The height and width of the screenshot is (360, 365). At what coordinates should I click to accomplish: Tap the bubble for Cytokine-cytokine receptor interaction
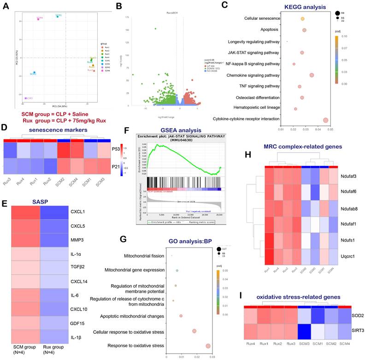tap(325, 120)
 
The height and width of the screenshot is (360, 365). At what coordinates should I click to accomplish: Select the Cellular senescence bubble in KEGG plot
tap(302, 19)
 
